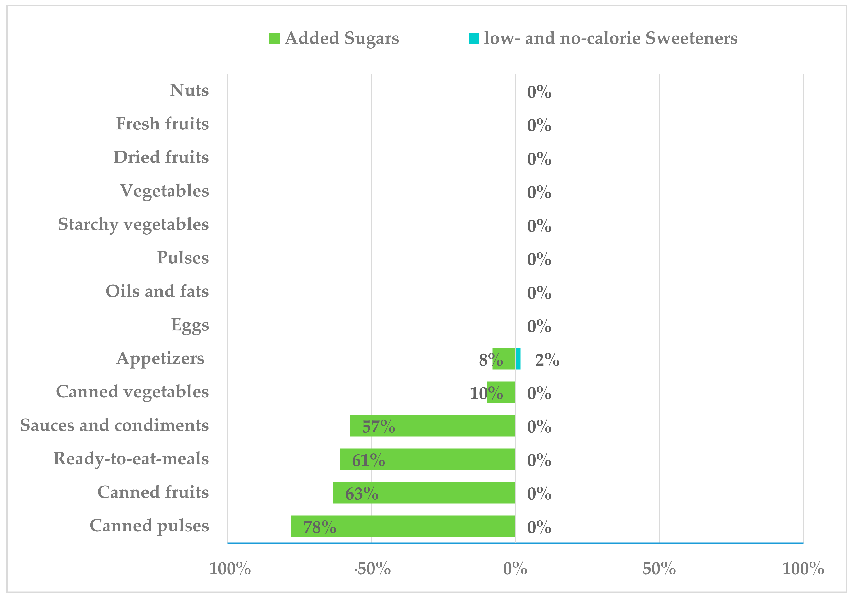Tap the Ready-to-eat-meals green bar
427,459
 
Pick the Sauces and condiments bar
432,426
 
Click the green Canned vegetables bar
501,392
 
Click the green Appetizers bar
504,359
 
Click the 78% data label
320,527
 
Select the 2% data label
547,360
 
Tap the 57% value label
378,427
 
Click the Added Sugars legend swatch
274,39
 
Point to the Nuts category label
189,90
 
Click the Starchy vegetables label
133,224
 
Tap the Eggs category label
190,325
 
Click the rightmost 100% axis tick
803,569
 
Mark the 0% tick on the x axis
515,569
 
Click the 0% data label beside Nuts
539,92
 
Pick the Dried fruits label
161,157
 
